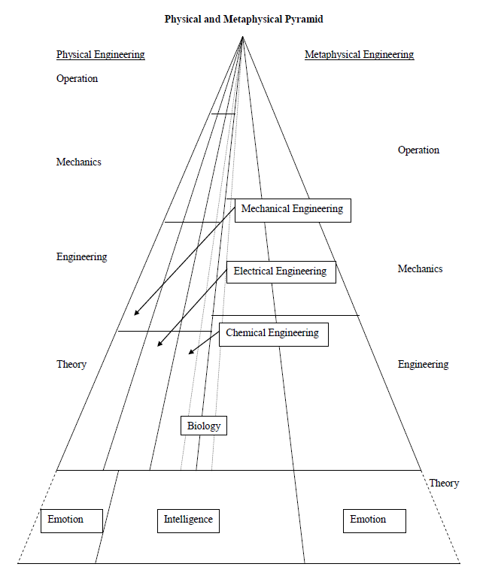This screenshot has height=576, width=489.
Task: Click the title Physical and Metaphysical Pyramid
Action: pos(244,19)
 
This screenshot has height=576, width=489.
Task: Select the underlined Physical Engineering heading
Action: pos(100,55)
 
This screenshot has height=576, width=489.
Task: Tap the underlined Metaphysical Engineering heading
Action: pos(359,55)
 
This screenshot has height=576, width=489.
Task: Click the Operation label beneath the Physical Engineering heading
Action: pos(77,78)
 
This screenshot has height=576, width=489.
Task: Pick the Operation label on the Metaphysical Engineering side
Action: pos(418,150)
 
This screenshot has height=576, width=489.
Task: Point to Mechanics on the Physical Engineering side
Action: pos(78,162)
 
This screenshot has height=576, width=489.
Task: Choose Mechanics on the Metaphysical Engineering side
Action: pos(420,268)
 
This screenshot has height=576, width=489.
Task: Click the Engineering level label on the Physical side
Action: pos(81,256)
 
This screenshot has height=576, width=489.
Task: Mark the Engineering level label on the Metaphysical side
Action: pos(423,364)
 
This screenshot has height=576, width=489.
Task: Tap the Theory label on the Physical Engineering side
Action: pos(71,364)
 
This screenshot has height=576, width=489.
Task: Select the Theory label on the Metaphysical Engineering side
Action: pos(444,483)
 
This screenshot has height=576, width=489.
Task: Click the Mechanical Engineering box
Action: pos(292,210)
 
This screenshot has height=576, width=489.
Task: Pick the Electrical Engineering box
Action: pos(280,271)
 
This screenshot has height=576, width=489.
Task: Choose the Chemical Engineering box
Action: pos(272,333)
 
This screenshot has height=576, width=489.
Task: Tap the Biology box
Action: pos(204,426)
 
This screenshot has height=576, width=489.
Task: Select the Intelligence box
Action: pos(188,520)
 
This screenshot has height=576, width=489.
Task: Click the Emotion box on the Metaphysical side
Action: pos(368,520)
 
